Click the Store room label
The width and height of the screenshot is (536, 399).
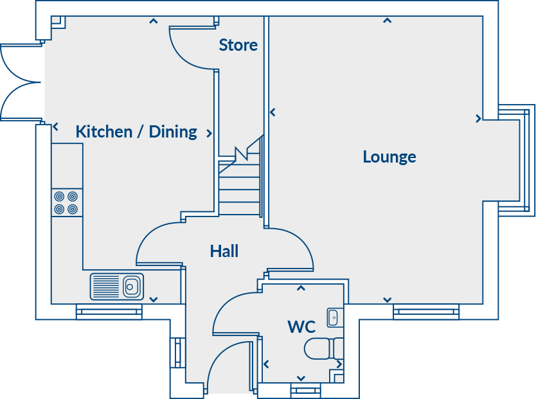click(x=238, y=45)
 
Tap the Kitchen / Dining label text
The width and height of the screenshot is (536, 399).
click(x=136, y=132)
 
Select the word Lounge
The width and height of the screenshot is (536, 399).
click(x=389, y=157)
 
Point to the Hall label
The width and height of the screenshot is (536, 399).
click(x=224, y=251)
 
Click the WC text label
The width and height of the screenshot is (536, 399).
click(x=301, y=327)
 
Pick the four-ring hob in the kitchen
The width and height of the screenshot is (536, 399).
click(x=67, y=202)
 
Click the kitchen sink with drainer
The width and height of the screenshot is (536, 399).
click(x=117, y=287)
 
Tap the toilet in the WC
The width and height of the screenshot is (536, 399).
click(x=324, y=348)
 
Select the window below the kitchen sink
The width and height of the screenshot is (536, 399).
click(x=109, y=312)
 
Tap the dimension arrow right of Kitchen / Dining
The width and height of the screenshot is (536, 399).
click(x=210, y=133)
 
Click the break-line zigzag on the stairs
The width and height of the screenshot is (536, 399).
click(x=242, y=153)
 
